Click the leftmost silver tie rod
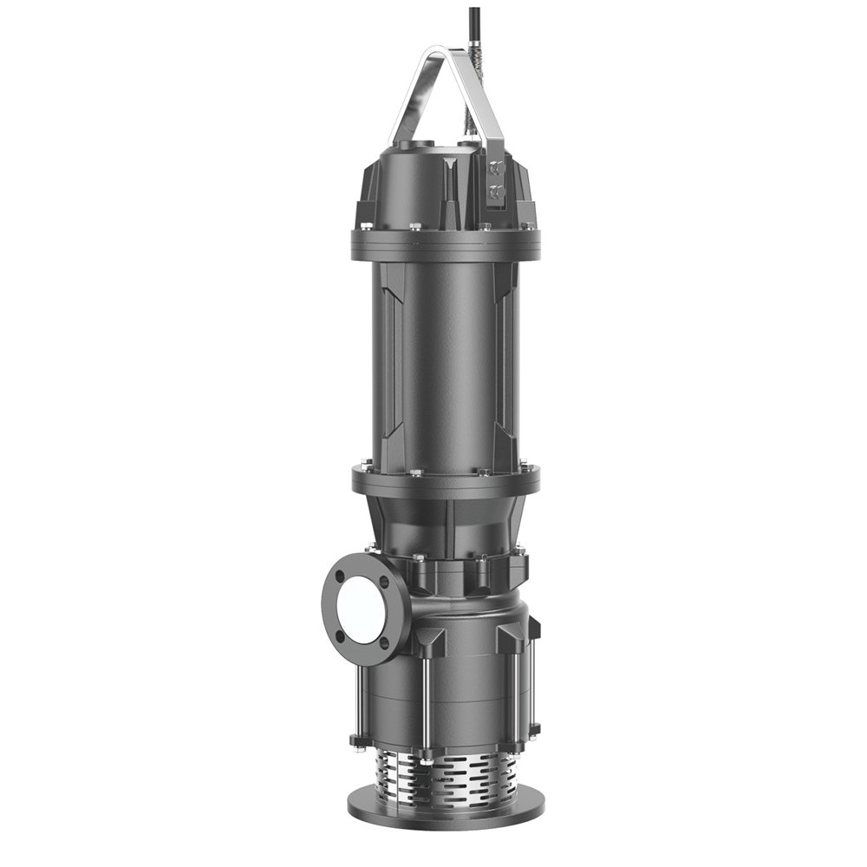click(x=357, y=694)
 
